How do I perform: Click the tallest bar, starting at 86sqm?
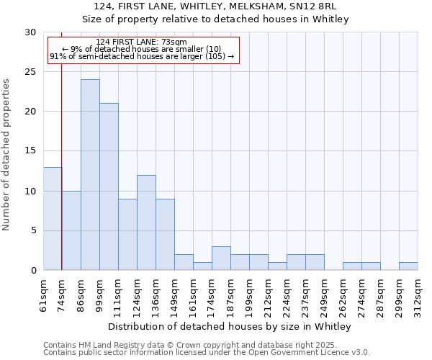(90, 174)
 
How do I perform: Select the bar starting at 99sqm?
(109, 186)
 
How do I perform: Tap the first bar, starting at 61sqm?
(53, 218)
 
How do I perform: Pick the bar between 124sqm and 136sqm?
(146, 222)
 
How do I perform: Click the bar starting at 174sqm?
(221, 258)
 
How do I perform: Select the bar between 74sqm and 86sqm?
(71, 230)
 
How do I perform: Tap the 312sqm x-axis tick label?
(418, 297)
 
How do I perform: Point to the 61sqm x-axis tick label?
(43, 297)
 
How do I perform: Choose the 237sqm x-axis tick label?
(305, 297)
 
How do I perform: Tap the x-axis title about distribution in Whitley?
(230, 326)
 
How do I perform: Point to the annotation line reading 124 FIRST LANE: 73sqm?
(141, 42)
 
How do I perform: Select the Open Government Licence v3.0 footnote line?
(207, 352)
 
